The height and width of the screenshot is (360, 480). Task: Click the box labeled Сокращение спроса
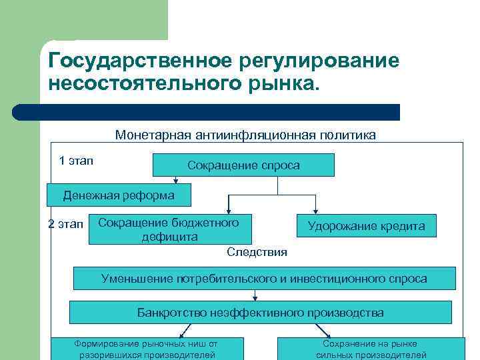243,165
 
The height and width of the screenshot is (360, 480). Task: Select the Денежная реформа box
119,195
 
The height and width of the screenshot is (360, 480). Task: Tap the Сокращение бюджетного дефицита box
169,229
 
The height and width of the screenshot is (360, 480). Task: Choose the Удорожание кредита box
366,226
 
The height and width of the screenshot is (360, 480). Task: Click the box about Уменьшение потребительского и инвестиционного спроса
264,278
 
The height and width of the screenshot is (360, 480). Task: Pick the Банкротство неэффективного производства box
260,312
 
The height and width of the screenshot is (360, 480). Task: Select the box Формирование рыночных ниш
147,349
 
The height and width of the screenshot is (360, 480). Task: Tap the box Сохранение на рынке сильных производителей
371,349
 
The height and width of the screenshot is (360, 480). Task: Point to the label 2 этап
66,224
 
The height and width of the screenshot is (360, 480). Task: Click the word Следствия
257,251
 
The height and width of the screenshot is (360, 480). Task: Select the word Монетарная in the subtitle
153,135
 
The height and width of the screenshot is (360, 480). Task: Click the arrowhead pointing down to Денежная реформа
175,180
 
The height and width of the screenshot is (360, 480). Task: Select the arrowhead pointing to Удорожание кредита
316,210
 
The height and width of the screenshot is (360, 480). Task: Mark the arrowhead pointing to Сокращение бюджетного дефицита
229,210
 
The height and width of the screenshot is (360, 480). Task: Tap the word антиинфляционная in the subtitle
257,135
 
